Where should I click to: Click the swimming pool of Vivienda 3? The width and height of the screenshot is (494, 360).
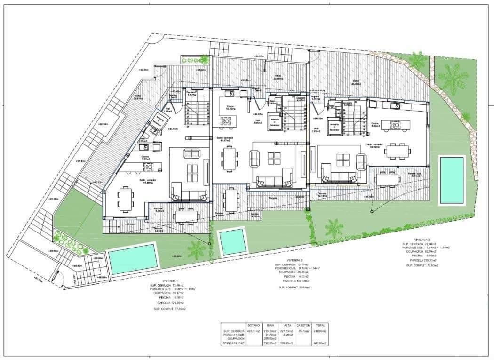click(x=452, y=180)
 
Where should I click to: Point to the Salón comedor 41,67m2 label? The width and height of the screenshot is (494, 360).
click(x=225, y=139)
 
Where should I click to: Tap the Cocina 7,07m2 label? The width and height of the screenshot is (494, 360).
click(x=145, y=158)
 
